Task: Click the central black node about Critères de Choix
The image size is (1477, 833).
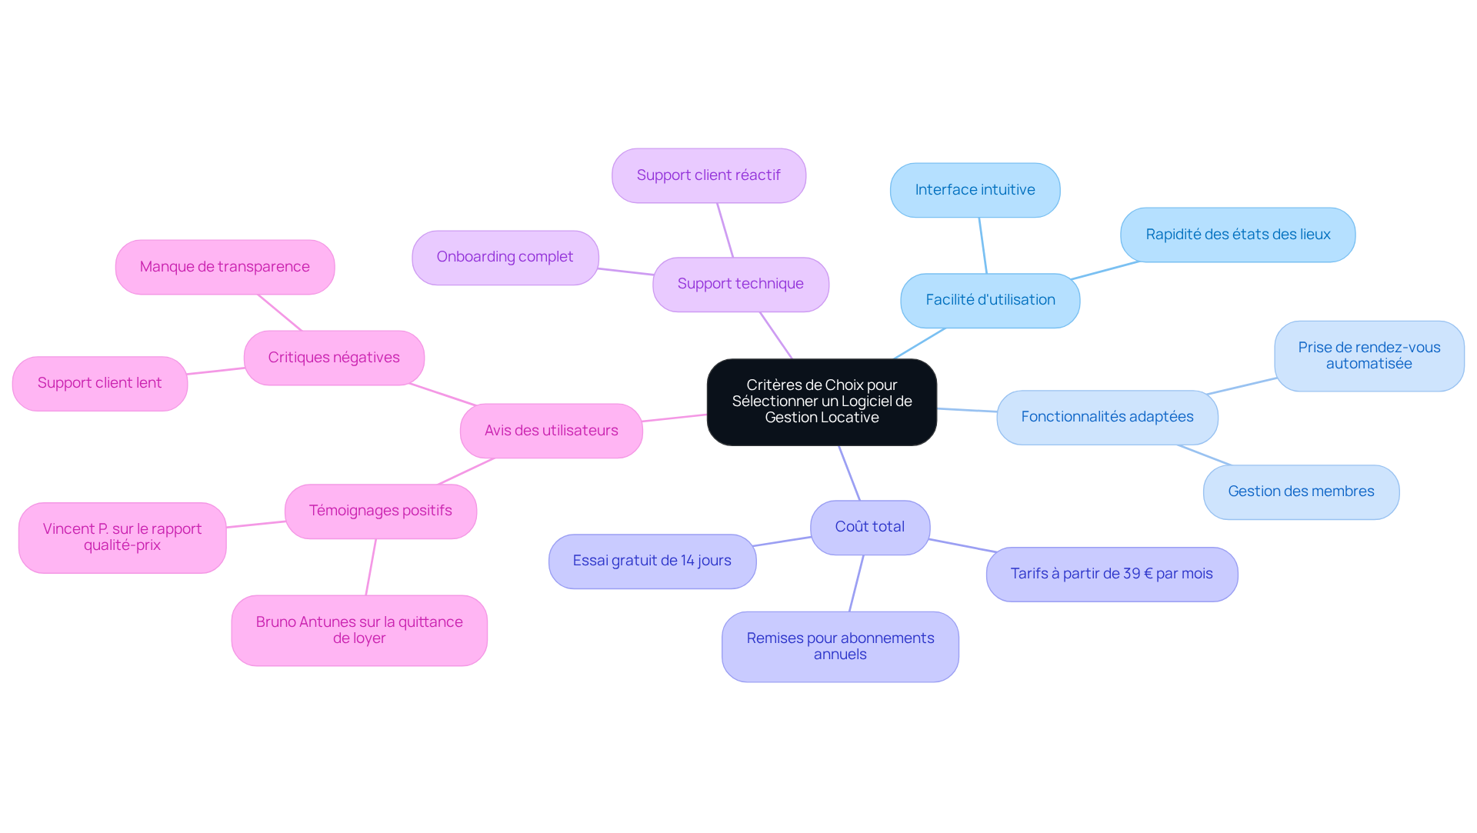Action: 822,402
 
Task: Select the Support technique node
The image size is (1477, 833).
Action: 741,284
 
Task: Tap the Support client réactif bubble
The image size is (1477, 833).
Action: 708,175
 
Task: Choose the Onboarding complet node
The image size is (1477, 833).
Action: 505,257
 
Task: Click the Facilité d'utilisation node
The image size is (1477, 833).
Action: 990,300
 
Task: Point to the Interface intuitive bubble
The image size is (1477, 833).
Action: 975,190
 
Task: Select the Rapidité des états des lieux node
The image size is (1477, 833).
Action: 1238,235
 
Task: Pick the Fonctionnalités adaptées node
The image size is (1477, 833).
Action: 1107,417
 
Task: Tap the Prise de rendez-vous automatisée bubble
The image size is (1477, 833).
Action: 1369,355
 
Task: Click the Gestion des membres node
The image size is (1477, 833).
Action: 1301,491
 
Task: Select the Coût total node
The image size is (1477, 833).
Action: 870,527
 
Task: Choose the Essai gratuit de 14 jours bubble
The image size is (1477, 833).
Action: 652,561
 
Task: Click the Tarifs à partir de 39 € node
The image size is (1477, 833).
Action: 1112,574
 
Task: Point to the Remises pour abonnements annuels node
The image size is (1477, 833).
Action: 840,646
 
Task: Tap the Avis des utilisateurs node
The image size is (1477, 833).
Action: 551,431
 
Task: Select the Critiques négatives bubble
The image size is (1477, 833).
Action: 334,358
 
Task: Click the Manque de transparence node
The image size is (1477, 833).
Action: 225,267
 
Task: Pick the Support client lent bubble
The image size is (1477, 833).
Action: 100,383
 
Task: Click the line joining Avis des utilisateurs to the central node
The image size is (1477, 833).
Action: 675,418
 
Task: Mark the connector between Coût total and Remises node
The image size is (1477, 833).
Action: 856,583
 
